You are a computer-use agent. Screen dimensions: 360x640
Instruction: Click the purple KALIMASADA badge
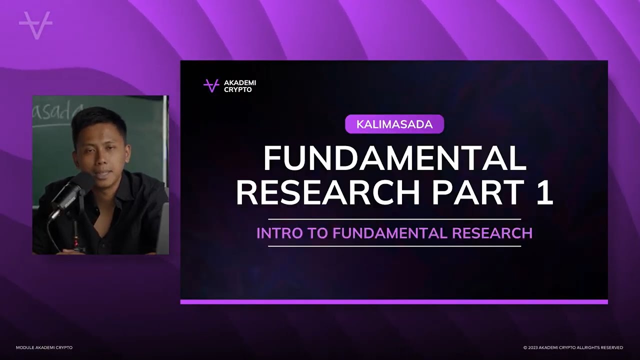pos(394,124)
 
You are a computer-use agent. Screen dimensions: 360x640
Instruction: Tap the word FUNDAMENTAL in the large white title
pos(394,158)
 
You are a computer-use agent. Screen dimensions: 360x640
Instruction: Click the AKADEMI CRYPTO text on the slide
pos(240,86)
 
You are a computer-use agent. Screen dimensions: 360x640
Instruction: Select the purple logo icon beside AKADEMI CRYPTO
pos(211,85)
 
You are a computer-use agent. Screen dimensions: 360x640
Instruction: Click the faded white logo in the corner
pos(35,24)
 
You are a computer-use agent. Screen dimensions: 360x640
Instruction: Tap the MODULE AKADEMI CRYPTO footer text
pos(44,347)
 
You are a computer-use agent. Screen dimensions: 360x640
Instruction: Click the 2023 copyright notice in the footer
pos(573,347)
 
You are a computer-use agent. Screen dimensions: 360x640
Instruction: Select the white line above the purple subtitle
pos(394,219)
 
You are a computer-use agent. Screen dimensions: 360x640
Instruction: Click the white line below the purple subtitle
pos(394,246)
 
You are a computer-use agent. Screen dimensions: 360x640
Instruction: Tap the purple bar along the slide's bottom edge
pos(394,302)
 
